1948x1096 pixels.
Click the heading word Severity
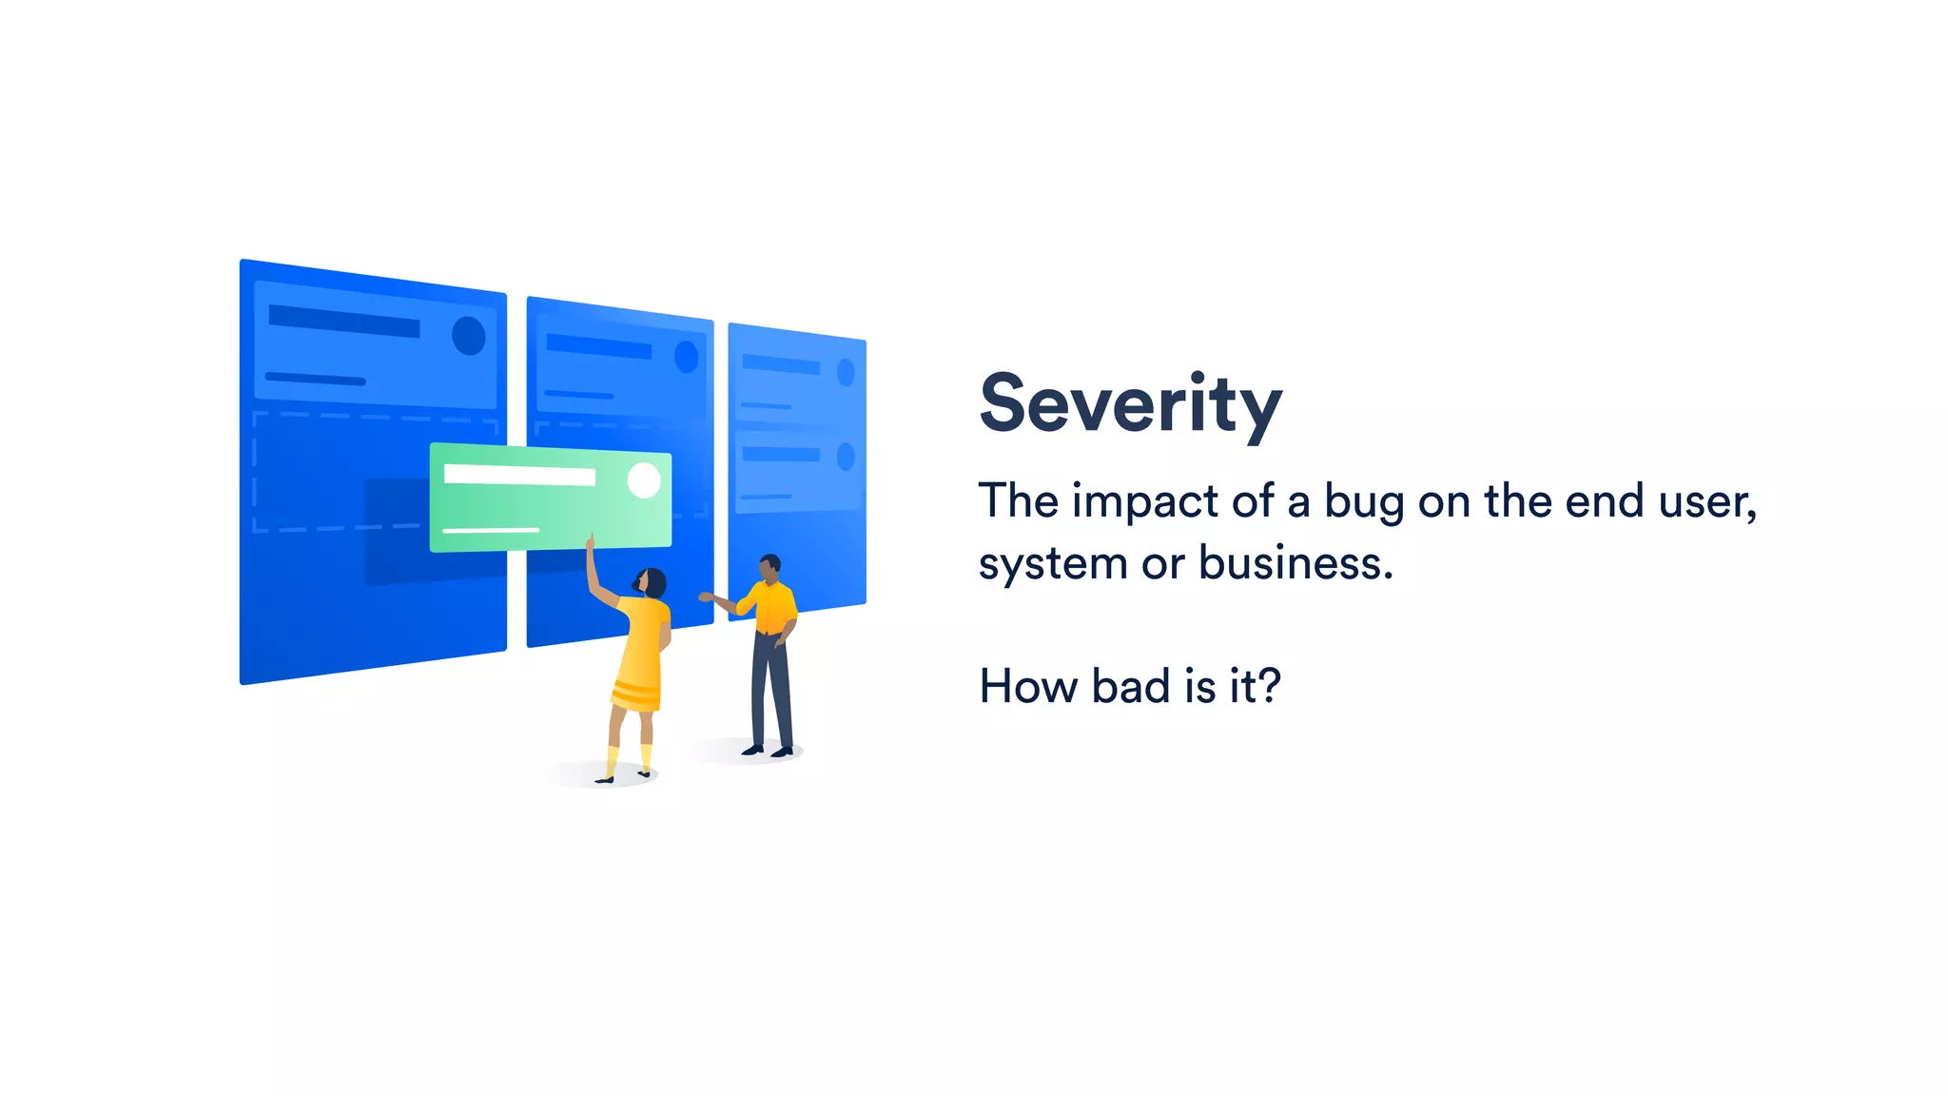[1130, 404]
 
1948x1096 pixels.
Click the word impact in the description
[1144, 501]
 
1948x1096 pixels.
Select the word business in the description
[1295, 563]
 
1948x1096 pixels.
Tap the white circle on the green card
[644, 480]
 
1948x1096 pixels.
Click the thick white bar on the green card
[519, 475]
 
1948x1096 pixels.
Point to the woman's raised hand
[590, 543]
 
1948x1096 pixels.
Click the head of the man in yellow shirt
[769, 568]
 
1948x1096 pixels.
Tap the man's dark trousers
[770, 690]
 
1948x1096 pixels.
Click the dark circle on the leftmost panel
[468, 336]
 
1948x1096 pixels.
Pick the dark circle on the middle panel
[686, 358]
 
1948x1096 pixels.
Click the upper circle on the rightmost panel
[845, 373]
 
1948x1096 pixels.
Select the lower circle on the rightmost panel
[845, 458]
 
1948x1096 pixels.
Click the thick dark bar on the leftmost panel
[343, 321]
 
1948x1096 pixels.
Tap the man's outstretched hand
[706, 597]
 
